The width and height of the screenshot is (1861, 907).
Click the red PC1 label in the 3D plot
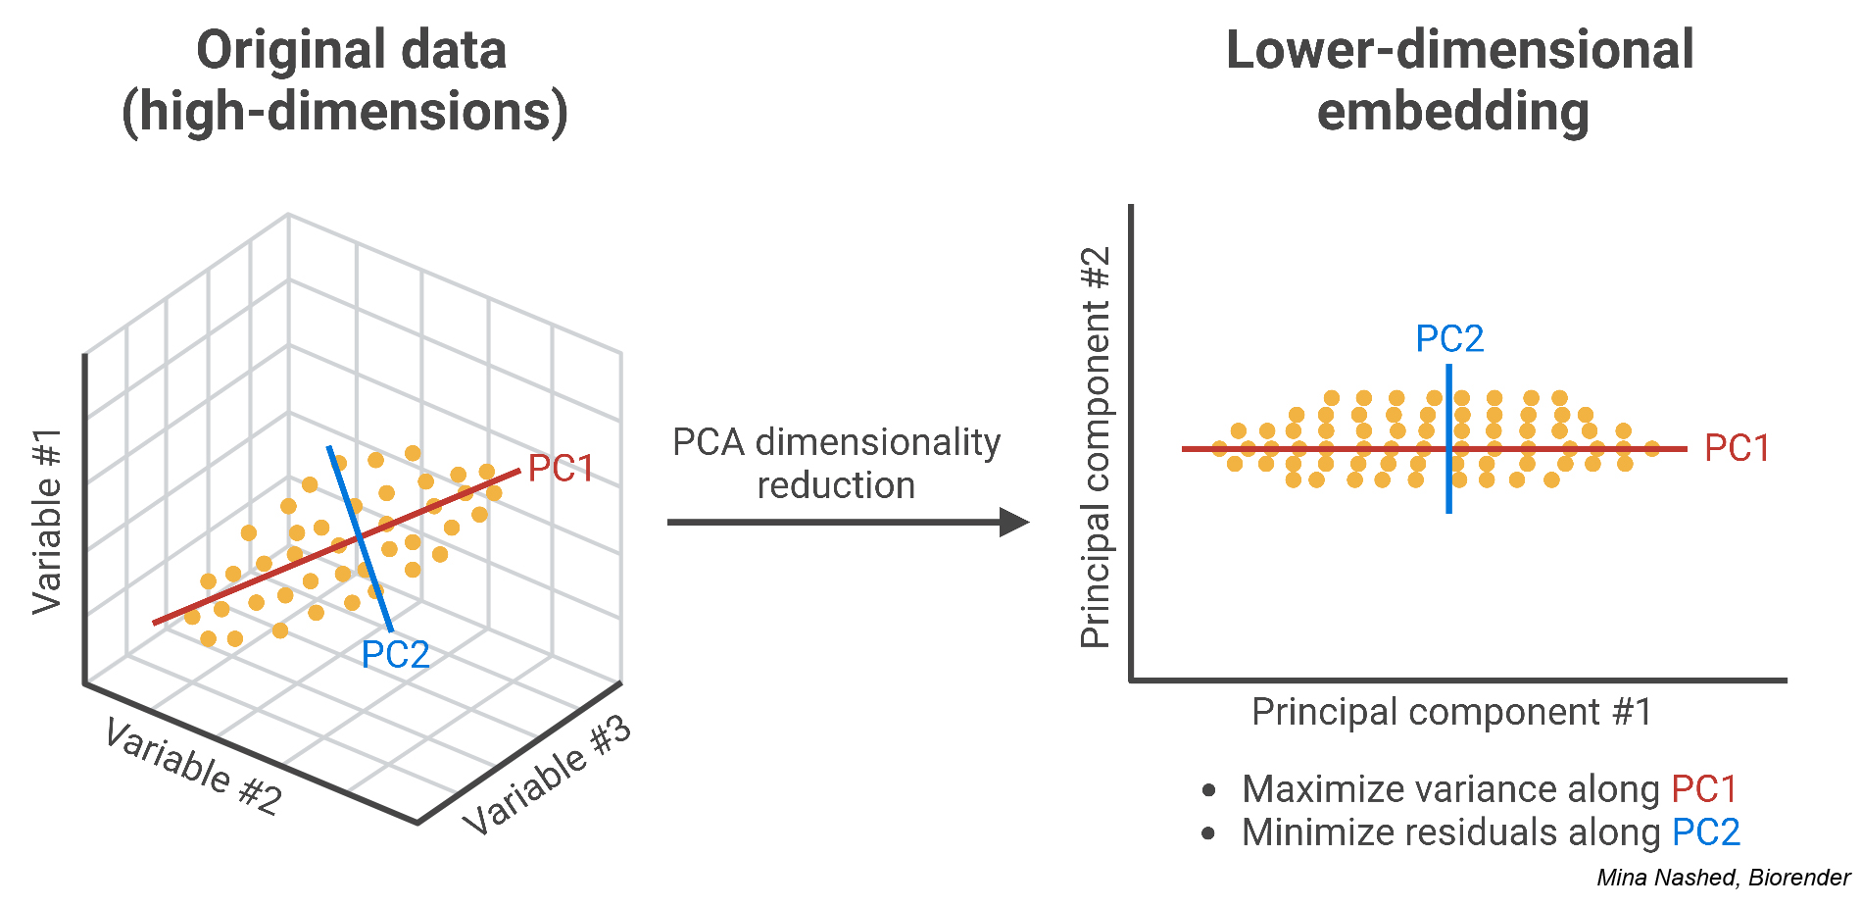561,469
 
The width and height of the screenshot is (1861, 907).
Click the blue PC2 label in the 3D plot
395,655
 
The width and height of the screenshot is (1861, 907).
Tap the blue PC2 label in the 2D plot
1449,339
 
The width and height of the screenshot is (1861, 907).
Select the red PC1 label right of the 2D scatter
1737,449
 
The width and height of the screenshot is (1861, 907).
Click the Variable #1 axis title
47,522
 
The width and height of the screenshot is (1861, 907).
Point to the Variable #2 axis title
193,768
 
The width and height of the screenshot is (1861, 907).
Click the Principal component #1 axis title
1451,712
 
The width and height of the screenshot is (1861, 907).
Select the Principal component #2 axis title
1095,447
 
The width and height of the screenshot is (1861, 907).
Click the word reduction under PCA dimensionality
836,486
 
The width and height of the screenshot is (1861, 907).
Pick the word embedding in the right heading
1452,112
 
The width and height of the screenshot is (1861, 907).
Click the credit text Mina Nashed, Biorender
1723,878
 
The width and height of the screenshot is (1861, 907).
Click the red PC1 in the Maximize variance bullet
1703,789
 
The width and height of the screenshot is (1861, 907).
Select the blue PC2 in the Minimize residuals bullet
1705,832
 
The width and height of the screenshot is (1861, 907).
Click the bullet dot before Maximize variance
1208,790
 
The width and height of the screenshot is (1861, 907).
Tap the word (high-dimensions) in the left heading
345,112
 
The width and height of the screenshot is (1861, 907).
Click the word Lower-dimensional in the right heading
1459,51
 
